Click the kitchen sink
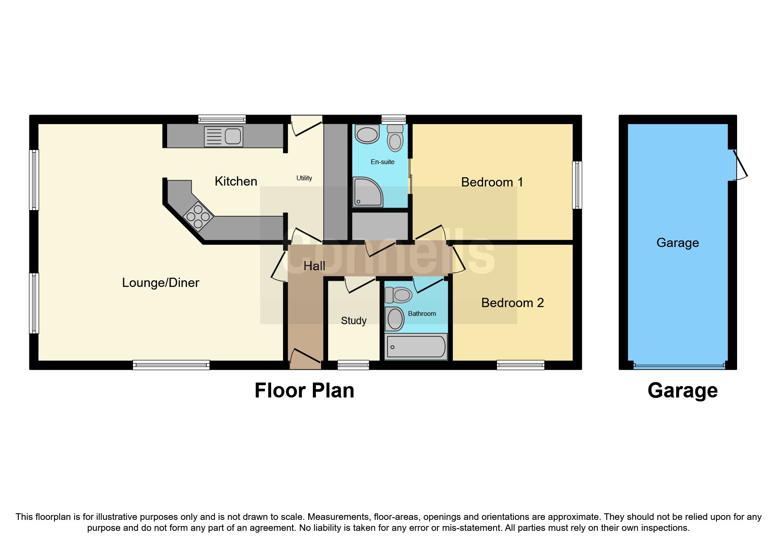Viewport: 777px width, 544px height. pos(224,136)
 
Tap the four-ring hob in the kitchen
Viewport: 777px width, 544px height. pos(198,216)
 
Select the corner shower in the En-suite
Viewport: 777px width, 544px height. pos(368,192)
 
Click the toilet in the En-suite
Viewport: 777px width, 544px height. pos(395,138)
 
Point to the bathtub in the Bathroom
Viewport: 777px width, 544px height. pos(416,347)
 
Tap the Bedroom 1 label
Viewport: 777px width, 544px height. pos(492,182)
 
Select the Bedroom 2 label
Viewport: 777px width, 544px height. pos(512,303)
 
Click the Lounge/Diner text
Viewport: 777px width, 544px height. pos(161,283)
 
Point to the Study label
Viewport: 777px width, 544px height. pos(354,321)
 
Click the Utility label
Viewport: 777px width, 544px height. pos(304,178)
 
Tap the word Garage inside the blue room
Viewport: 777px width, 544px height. pos(677,243)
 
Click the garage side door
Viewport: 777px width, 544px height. pos(738,166)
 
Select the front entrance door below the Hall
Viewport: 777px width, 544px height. pos(305,359)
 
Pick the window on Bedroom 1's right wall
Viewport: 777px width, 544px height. pos(577,185)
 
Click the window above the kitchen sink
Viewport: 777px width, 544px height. pos(222,119)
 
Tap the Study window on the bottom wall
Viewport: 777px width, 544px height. pos(353,365)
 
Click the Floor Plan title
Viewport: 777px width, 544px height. pos(304,390)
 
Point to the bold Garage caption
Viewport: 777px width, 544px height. pos(682,390)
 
